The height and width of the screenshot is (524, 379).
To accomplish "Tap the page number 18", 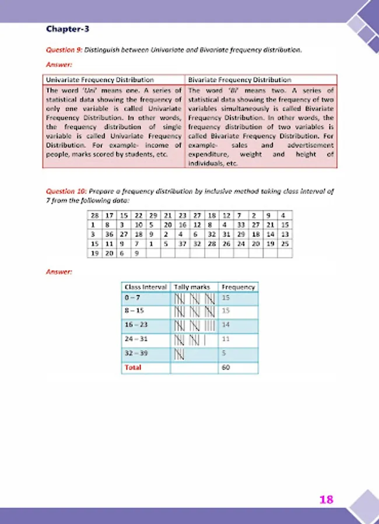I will [x=326, y=499].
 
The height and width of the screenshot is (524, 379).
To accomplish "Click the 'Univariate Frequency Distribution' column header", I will [x=100, y=80].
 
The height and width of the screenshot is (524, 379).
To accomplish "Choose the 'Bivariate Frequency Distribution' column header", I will [x=240, y=80].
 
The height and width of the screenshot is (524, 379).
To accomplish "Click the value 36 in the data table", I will [x=108, y=234].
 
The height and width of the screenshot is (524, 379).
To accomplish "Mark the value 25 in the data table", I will [x=285, y=243].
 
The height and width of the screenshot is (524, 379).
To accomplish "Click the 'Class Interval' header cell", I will [x=145, y=287].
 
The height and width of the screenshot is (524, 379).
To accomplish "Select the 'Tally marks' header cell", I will [x=194, y=287].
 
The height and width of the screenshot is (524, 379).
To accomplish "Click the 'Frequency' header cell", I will [x=238, y=287].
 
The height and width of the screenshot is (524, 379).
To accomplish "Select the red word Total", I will [x=133, y=367].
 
